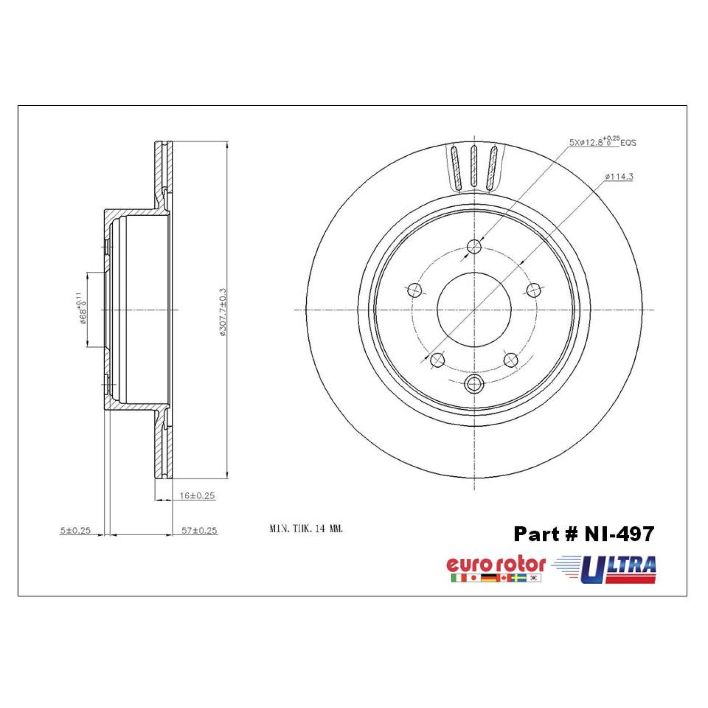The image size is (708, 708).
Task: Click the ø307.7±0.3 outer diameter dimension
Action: (223, 312)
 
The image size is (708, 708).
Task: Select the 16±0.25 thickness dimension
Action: (197, 496)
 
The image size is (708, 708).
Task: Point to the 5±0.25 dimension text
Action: (75, 531)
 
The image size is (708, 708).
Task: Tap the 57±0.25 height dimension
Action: (200, 531)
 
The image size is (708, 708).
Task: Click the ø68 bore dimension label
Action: (81, 309)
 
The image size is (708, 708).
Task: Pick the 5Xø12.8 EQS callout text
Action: (602, 141)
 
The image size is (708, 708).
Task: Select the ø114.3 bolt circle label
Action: (619, 177)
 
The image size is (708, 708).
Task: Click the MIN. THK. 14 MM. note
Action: (306, 529)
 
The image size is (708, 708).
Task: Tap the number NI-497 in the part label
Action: (619, 534)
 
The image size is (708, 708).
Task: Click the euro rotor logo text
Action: (496, 565)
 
